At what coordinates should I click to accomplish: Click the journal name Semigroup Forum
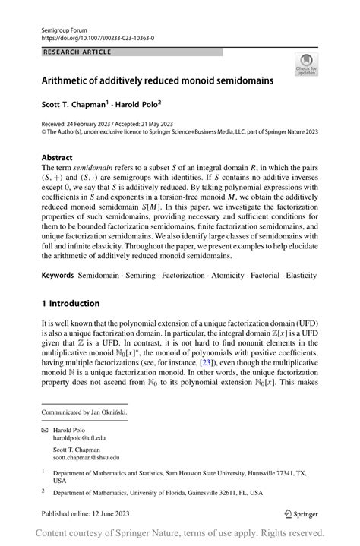[63, 28]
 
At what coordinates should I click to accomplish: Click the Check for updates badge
[307, 65]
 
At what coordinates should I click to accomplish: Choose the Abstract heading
[60, 157]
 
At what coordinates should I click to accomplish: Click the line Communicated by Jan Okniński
[84, 413]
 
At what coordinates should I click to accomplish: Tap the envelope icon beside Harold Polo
[45, 430]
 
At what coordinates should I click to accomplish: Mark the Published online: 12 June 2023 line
[89, 513]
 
